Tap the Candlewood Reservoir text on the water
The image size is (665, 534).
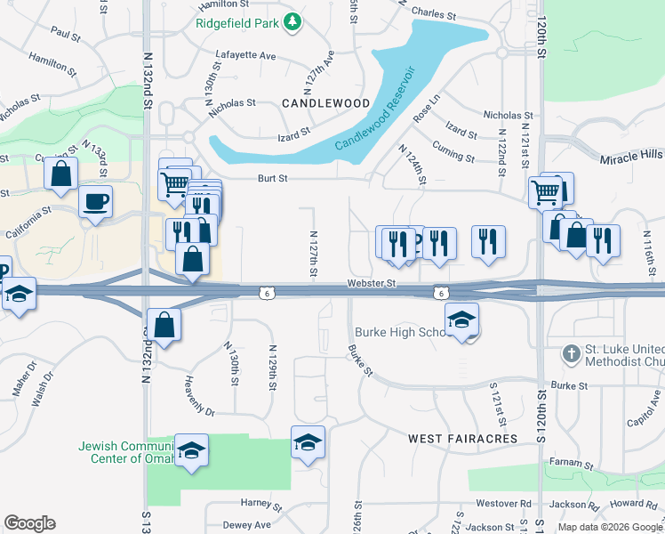click(x=376, y=109)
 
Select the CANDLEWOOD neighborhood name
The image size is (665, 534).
click(x=325, y=103)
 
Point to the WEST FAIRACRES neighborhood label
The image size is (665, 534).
click(x=462, y=439)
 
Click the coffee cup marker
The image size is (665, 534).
click(x=95, y=201)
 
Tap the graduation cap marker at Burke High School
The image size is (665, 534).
click(x=462, y=320)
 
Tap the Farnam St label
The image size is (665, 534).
click(x=572, y=464)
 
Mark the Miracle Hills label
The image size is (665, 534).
click(x=630, y=156)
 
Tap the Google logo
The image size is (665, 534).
click(x=29, y=523)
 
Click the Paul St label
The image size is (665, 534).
click(x=66, y=32)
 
